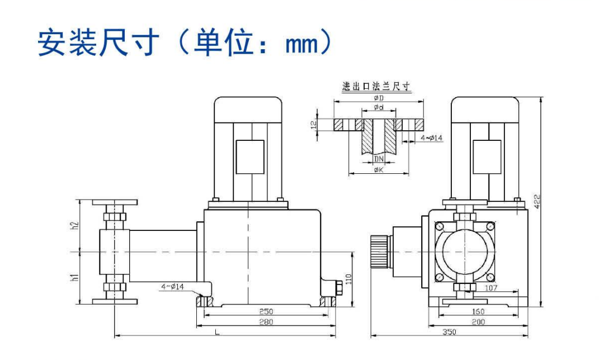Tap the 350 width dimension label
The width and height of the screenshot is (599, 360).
(x=449, y=331)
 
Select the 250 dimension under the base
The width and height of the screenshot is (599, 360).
(x=266, y=311)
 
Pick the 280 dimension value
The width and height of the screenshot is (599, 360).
(x=266, y=322)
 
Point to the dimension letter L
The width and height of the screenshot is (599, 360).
(x=218, y=332)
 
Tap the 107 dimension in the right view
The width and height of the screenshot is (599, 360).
(x=490, y=288)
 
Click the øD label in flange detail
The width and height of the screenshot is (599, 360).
(x=378, y=98)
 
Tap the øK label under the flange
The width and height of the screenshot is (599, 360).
(x=378, y=170)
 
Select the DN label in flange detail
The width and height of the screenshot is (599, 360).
(x=379, y=159)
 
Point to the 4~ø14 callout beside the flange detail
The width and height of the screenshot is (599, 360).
(x=431, y=138)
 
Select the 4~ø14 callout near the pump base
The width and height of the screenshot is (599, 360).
(x=173, y=287)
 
